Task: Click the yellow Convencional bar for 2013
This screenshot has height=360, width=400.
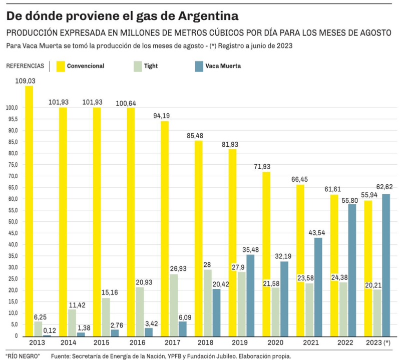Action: (29, 210)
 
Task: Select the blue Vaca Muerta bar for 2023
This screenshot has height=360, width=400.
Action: (386, 265)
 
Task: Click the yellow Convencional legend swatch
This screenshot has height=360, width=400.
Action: (61, 66)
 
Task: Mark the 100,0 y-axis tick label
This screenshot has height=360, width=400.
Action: (11, 108)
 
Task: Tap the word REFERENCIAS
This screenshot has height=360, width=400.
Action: (25, 66)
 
